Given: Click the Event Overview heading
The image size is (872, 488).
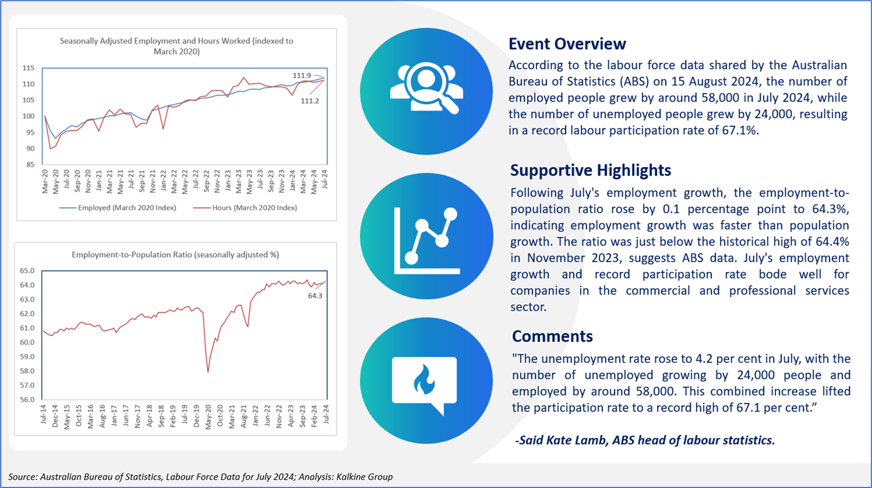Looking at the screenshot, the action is click(567, 43).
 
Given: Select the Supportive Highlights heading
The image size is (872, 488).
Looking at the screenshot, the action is click(591, 170).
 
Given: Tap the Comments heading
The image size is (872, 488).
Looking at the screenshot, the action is click(552, 336).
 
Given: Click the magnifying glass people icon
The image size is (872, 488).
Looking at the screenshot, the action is click(427, 88).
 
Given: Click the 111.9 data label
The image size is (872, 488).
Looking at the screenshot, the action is click(302, 75).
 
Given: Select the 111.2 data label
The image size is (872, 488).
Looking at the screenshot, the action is click(310, 101).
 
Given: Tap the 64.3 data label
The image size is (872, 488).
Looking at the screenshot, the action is click(315, 296).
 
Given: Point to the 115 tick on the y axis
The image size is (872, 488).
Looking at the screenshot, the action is click(28, 68).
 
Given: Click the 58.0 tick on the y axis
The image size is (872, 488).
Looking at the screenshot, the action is click(27, 371).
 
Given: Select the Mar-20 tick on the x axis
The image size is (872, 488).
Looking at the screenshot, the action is click(45, 181).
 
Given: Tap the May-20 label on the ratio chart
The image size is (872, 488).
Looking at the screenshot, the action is click(208, 417).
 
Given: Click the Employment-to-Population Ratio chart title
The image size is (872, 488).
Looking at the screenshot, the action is click(175, 255).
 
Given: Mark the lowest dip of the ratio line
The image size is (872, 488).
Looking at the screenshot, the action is click(208, 373).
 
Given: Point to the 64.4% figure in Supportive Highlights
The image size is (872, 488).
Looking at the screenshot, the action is click(832, 242).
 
